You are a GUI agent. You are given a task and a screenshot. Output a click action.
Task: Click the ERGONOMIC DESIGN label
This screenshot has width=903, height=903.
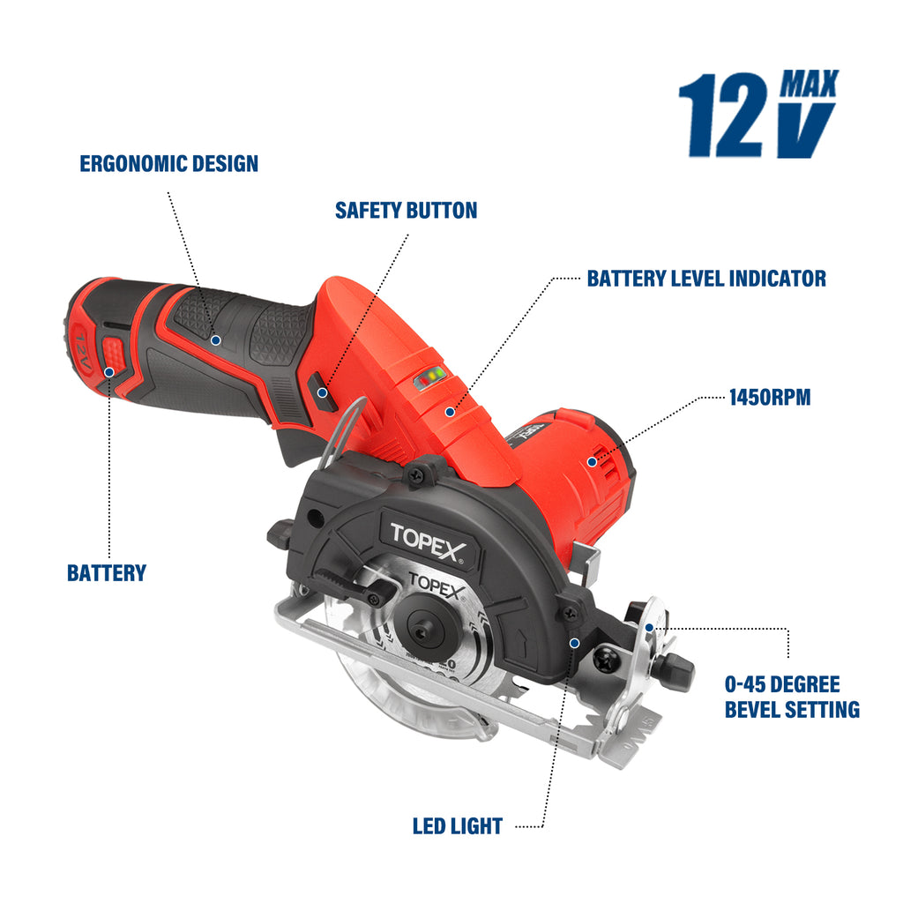click(168, 164)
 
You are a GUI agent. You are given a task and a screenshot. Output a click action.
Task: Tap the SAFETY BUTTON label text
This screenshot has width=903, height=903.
click(406, 211)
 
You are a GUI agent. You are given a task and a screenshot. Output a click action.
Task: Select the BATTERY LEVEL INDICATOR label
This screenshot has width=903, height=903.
click(706, 279)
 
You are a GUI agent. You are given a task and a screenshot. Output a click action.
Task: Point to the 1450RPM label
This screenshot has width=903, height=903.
click(769, 398)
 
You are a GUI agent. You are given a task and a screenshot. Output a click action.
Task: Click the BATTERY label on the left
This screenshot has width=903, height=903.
click(107, 573)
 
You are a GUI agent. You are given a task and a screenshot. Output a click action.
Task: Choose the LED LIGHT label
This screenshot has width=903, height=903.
click(457, 826)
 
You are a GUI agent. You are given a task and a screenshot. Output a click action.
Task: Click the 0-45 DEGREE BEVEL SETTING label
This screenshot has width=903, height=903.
click(791, 697)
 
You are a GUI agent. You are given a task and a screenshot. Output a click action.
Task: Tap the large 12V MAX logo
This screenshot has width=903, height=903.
click(757, 115)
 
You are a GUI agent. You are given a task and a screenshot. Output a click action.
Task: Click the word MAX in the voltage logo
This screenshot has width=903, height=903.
click(809, 85)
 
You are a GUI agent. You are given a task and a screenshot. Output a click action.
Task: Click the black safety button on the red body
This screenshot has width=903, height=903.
click(324, 392)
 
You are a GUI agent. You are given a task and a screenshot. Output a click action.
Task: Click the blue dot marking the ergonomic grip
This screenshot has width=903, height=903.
click(215, 338)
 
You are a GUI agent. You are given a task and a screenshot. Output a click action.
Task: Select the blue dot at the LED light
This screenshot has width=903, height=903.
click(574, 644)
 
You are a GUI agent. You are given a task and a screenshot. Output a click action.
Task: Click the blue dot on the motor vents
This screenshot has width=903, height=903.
click(591, 461)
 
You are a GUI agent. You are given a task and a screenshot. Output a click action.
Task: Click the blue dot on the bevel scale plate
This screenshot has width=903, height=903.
click(650, 627)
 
